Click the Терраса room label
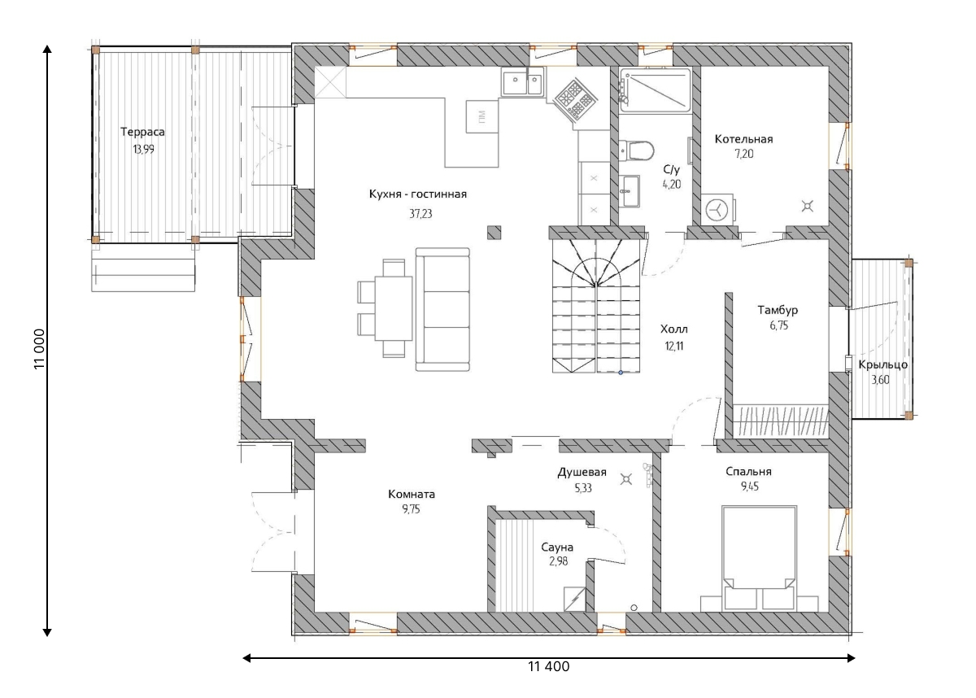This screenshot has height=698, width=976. [142, 132]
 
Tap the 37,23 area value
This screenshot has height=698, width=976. [420, 213]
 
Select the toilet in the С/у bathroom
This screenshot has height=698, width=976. [636, 151]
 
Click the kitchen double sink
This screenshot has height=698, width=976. [522, 81]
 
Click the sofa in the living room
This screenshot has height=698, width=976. [442, 309]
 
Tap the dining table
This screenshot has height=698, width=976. [394, 308]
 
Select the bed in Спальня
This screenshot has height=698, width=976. [759, 558]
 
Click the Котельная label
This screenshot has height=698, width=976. [743, 139]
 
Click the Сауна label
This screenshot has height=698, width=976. [557, 547]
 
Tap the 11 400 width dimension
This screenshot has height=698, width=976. [548, 666]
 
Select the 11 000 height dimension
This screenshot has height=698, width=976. [39, 348]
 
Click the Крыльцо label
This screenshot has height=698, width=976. [882, 364]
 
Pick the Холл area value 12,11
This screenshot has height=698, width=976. [673, 346]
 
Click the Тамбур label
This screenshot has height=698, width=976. [778, 310]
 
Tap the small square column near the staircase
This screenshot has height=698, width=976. [494, 233]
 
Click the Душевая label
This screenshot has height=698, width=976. [582, 473]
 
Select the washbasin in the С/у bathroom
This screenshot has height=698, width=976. [630, 191]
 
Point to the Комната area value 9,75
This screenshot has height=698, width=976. [411, 509]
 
